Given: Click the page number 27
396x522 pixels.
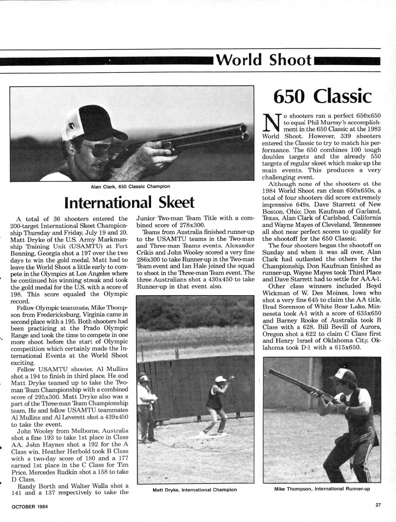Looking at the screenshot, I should [378, 505].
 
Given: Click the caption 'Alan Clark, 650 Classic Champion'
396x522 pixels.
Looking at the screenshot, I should [131, 186].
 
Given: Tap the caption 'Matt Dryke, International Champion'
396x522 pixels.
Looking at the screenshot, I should [195, 489].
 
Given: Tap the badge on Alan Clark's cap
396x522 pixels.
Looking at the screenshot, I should [73, 125].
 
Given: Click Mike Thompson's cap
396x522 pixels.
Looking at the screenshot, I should [343, 375].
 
